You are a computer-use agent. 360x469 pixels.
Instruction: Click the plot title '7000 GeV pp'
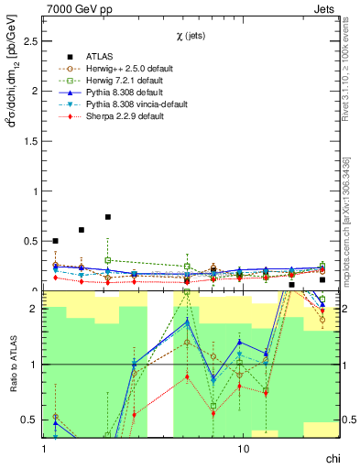(x=73, y=8)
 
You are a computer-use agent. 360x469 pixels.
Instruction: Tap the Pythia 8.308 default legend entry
(x=124, y=93)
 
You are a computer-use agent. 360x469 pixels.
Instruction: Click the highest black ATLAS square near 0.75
(x=108, y=217)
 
